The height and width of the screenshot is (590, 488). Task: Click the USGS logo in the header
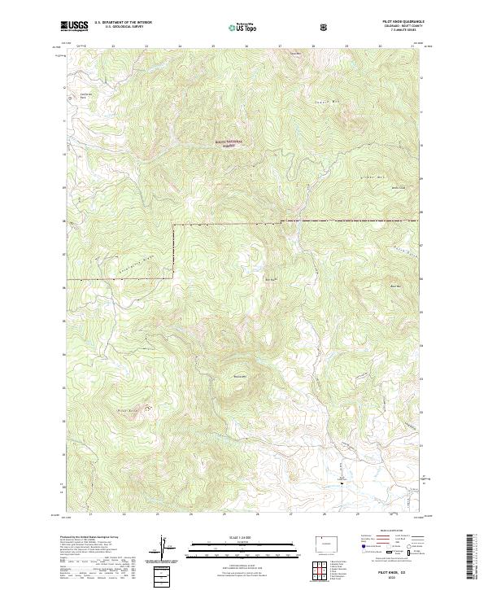click(75, 26)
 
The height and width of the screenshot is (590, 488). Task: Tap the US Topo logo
click(242, 27)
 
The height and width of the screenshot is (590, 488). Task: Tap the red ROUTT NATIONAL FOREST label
click(229, 143)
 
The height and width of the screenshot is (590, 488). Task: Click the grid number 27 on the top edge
click(280, 46)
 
